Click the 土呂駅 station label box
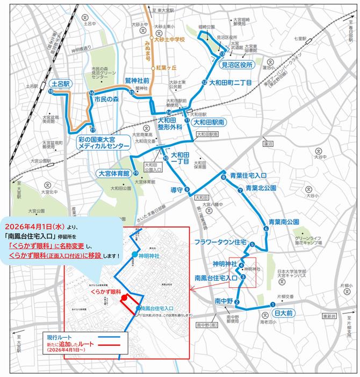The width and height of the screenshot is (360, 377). click(x=61, y=84)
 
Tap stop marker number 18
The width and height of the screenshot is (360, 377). click(x=51, y=93)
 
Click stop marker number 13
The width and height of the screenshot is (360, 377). click(x=222, y=54)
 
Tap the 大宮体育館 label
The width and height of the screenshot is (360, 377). click(x=113, y=174)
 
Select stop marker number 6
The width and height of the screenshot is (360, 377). click(x=265, y=230)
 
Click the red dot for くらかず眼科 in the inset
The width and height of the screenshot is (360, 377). click(x=124, y=297)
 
